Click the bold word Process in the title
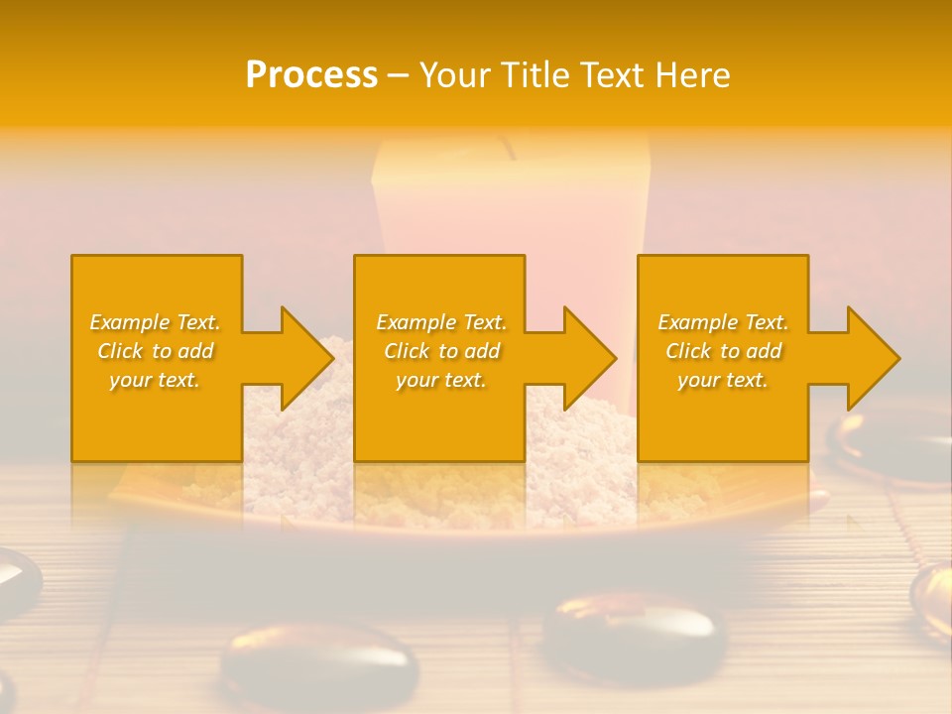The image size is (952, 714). (311, 75)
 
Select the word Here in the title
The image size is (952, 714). (693, 75)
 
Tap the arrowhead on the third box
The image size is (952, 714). (872, 358)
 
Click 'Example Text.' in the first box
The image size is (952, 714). (155, 322)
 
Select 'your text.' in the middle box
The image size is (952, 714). (440, 380)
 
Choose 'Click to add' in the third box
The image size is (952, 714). (723, 351)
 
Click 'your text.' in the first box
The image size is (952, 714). (155, 380)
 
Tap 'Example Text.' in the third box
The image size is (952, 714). (723, 322)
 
